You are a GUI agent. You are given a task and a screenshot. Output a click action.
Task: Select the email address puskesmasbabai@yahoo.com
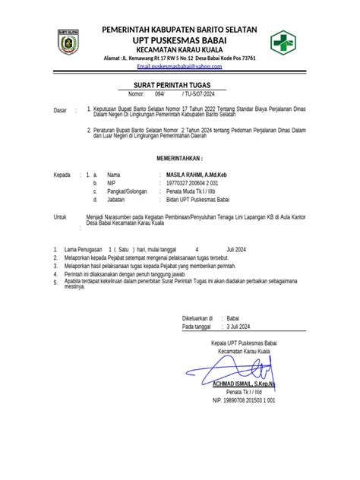point(179,68)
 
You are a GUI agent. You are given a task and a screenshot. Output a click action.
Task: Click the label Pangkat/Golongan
point(126,192)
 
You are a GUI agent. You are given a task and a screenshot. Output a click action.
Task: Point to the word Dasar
point(60,111)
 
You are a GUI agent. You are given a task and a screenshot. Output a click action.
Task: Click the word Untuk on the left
point(60,216)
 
